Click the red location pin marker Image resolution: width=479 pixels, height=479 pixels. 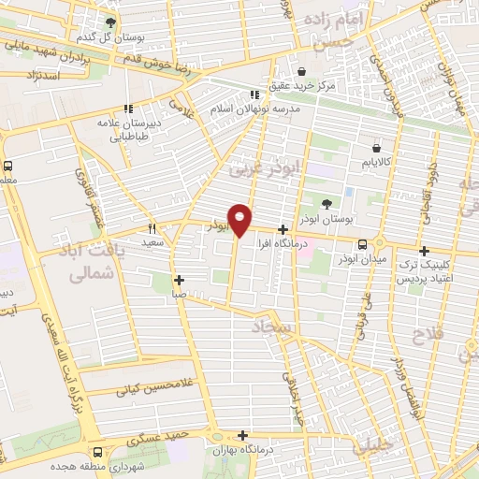coord(240,219)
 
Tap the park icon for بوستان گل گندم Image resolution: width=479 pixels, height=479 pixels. coord(111,22)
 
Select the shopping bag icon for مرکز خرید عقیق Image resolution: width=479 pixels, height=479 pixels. coord(301,71)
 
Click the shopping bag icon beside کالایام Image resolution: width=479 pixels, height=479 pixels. coord(376,148)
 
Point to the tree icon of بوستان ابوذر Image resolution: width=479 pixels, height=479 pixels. coord(326,203)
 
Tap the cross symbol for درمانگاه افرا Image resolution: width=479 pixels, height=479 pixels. coord(283,228)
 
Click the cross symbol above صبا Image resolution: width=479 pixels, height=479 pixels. coord(179,279)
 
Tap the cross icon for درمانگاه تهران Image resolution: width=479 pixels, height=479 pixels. coord(243,435)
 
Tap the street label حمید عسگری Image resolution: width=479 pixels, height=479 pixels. coord(166,432)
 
